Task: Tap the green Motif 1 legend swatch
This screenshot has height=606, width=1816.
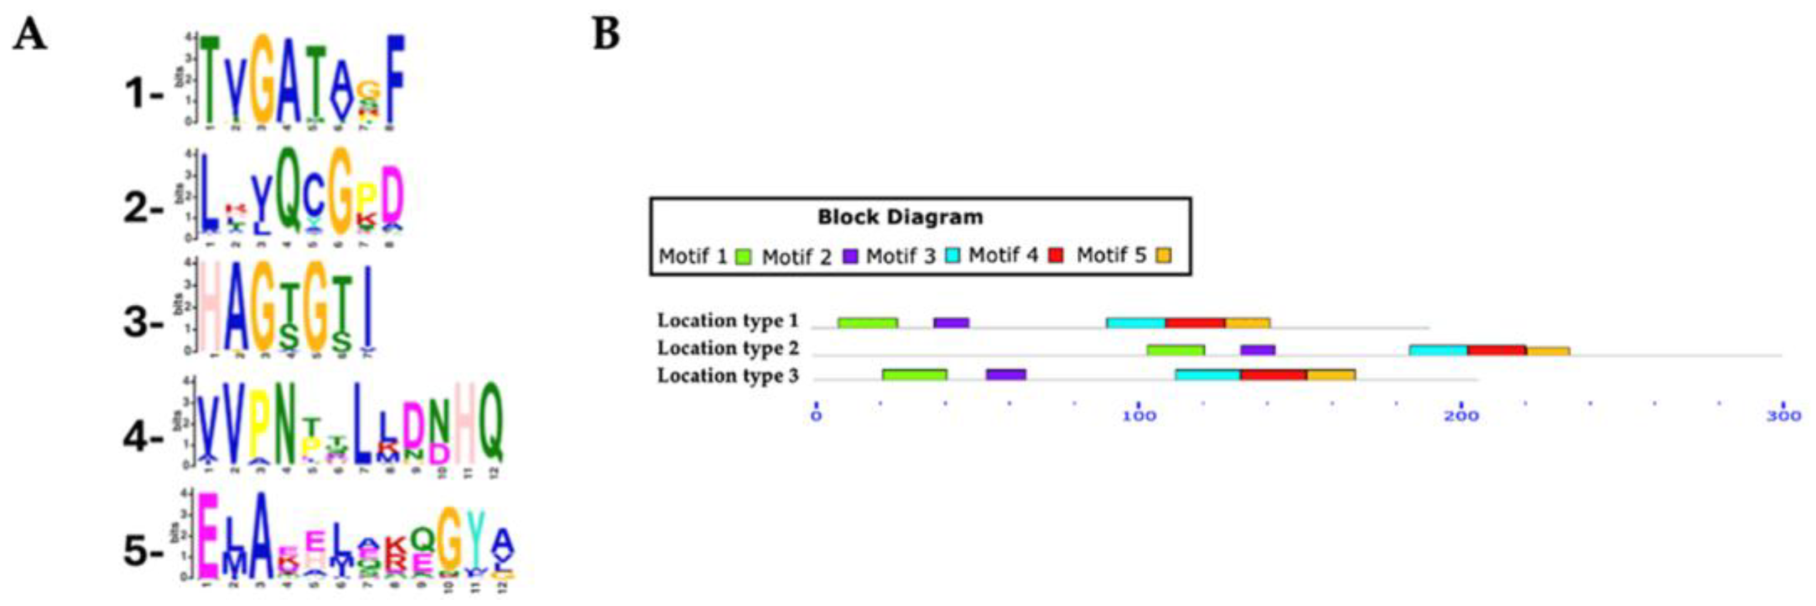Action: (x=743, y=256)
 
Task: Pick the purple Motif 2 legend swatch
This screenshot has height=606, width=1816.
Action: (x=851, y=256)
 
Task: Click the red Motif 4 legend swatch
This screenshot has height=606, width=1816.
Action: (x=1056, y=255)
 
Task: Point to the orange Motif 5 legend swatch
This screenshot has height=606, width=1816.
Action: (x=1164, y=255)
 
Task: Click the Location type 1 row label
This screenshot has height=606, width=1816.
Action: (x=728, y=321)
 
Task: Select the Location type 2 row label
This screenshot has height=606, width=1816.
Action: (x=728, y=348)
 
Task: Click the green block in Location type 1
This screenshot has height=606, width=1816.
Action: (x=868, y=323)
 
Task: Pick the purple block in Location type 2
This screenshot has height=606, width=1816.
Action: (x=1258, y=350)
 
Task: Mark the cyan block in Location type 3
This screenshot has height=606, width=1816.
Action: (x=1208, y=375)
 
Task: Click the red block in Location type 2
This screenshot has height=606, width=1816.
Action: (x=1496, y=351)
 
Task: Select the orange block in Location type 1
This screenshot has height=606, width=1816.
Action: (x=1248, y=323)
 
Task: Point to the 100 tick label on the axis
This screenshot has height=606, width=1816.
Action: (x=1139, y=416)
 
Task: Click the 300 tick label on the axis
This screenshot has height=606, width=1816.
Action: (x=1784, y=416)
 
